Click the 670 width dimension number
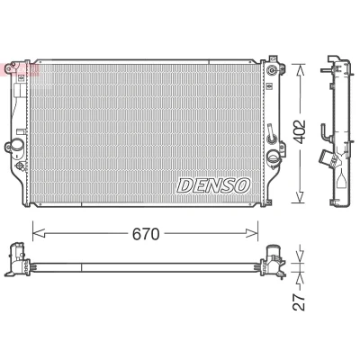pos(146,234)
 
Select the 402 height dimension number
pos(299,132)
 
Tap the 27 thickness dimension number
pos(299,301)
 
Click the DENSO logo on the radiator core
pos(213,185)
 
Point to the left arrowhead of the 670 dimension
pos(39,233)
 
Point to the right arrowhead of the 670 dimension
pos(251,233)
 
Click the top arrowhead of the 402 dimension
pos(300,70)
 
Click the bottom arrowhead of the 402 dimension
pos(300,197)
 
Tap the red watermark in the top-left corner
pos(20,69)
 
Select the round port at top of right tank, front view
pos(272,70)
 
